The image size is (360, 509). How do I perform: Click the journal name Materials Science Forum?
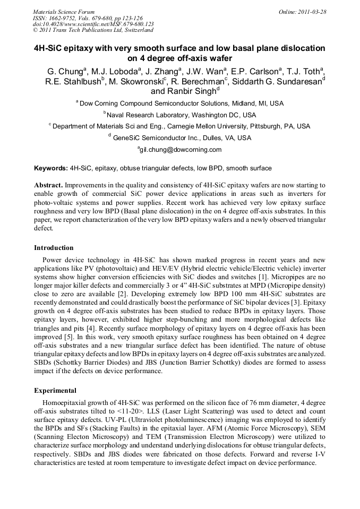click(64, 12)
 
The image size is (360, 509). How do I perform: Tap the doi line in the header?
click(93, 24)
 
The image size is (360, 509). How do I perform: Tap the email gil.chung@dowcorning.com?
click(180, 150)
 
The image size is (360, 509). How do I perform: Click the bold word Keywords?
click(51, 168)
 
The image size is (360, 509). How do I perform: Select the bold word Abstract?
click(48, 185)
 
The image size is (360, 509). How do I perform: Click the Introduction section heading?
click(54, 247)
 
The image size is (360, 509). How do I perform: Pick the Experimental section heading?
click(55, 390)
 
